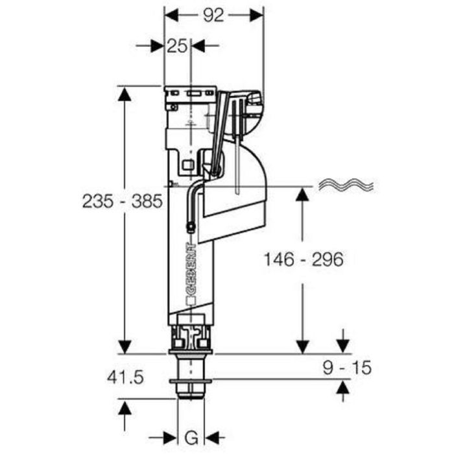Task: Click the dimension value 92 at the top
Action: [213, 15]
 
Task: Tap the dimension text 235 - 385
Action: [122, 202]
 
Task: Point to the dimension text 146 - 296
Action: [303, 259]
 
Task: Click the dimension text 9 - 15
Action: [348, 368]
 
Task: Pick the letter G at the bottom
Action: [192, 436]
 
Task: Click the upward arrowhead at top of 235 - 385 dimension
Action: [124, 94]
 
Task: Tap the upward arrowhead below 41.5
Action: [124, 409]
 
